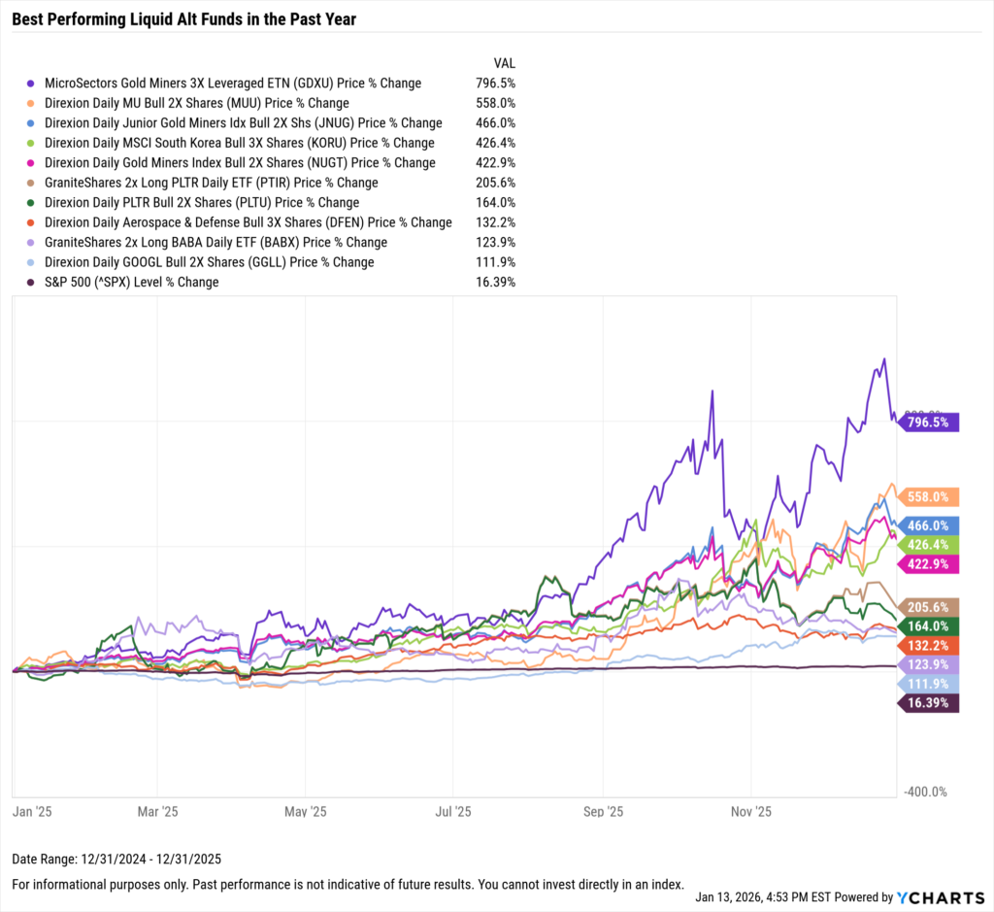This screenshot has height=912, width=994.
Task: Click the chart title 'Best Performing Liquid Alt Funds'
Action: [184, 19]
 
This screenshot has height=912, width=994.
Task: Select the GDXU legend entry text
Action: [233, 84]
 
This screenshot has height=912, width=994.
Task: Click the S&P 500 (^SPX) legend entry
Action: [131, 283]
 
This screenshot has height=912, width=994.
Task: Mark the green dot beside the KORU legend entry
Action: [34, 144]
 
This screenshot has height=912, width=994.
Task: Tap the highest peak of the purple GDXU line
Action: [883, 360]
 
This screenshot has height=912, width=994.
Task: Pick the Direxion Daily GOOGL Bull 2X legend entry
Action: [209, 262]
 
